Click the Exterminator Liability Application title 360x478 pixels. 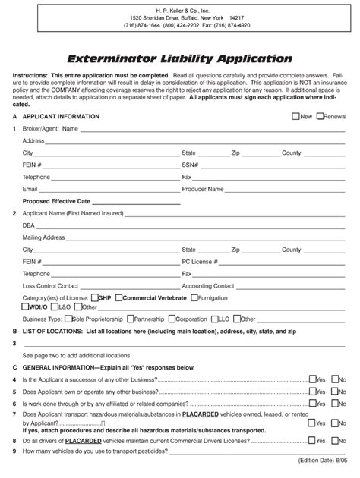tap(179, 58)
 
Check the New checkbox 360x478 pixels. tap(295, 117)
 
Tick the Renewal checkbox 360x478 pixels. tap(320, 117)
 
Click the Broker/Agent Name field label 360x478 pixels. tap(51, 129)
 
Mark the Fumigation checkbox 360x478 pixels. tap(193, 298)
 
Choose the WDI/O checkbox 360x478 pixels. tap(27, 307)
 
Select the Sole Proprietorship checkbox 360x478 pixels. tap(68, 319)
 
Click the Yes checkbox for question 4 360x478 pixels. tap(311, 379)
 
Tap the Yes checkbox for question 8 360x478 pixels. tap(311, 440)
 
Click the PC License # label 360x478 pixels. tap(199, 262)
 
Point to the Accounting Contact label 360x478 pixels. tap(208, 286)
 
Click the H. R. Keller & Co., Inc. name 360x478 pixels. tap(180, 9)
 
